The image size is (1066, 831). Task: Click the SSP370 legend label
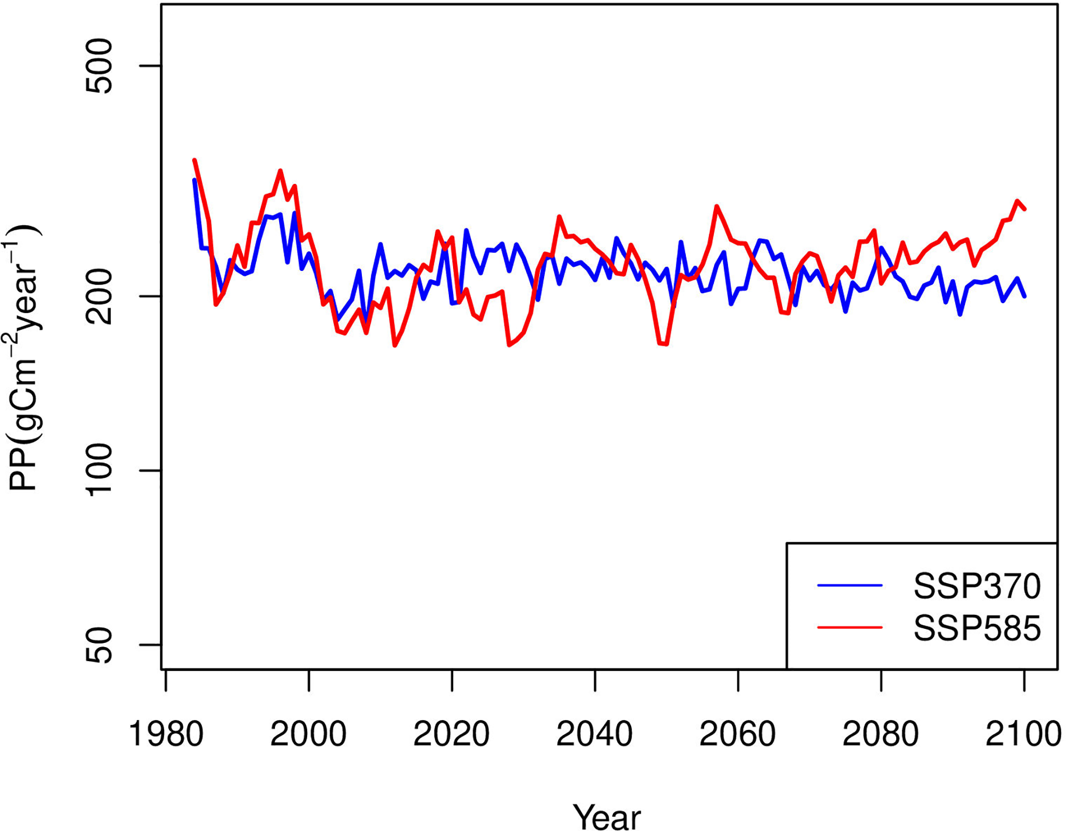click(x=976, y=586)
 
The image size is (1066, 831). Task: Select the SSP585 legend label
click(x=976, y=628)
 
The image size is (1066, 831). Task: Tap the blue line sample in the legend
click(x=850, y=586)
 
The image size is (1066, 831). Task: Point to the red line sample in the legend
click(x=850, y=627)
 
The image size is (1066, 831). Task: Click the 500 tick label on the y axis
click(x=98, y=66)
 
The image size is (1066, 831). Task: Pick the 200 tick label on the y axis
click(x=98, y=296)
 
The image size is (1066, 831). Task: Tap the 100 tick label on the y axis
click(x=98, y=470)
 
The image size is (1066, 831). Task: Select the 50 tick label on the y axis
click(x=98, y=645)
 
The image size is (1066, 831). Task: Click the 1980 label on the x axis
click(x=166, y=735)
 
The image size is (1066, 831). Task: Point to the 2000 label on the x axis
click(x=308, y=735)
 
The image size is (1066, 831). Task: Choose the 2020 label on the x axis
click(x=452, y=735)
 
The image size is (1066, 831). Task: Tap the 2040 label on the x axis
click(x=594, y=735)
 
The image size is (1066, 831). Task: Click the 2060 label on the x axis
click(x=737, y=735)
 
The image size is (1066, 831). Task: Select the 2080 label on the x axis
click(x=881, y=735)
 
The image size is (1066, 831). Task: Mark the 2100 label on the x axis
click(x=1023, y=735)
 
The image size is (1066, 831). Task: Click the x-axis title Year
click(x=607, y=817)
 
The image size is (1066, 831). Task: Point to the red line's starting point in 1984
click(x=194, y=160)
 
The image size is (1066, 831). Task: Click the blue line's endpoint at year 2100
click(x=1024, y=296)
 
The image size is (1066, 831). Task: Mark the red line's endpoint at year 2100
click(x=1024, y=209)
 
